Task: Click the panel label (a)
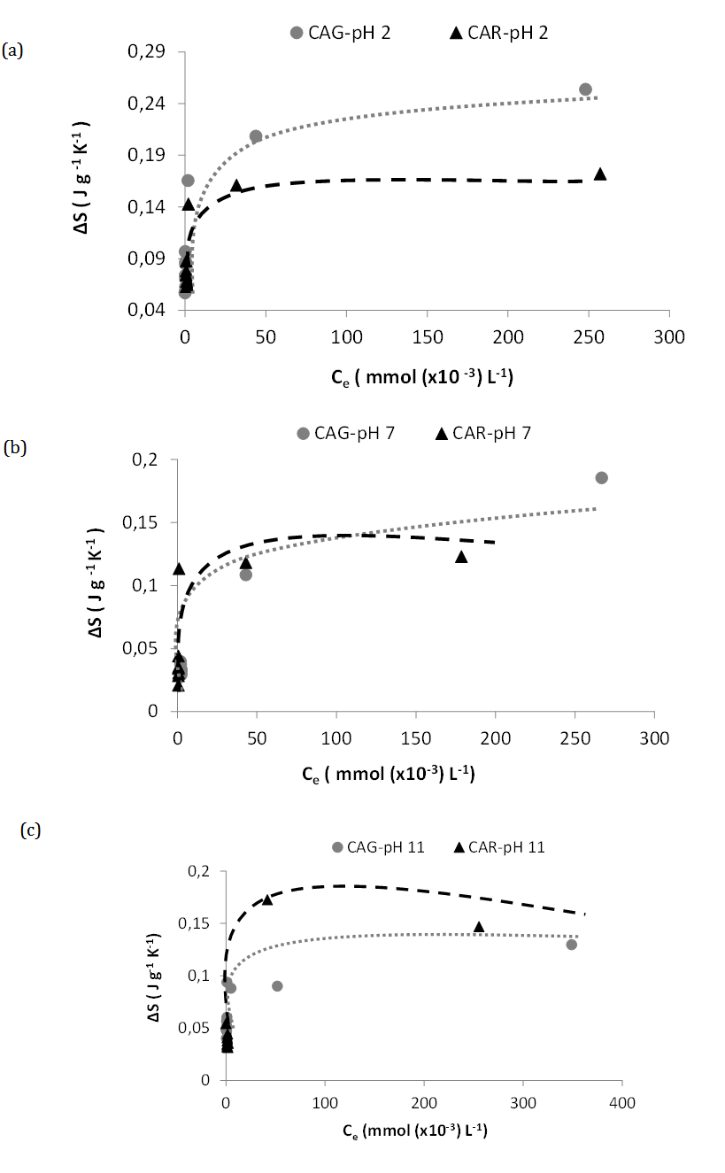pyautogui.click(x=12, y=50)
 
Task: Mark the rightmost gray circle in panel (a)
pyautogui.click(x=585, y=89)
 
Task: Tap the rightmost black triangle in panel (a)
pyautogui.click(x=600, y=174)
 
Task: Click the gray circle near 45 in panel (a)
pyautogui.click(x=256, y=136)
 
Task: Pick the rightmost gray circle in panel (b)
pyautogui.click(x=601, y=478)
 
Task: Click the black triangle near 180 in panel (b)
pyautogui.click(x=461, y=557)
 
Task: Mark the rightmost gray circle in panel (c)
pyautogui.click(x=572, y=945)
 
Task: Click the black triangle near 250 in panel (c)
pyautogui.click(x=479, y=927)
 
